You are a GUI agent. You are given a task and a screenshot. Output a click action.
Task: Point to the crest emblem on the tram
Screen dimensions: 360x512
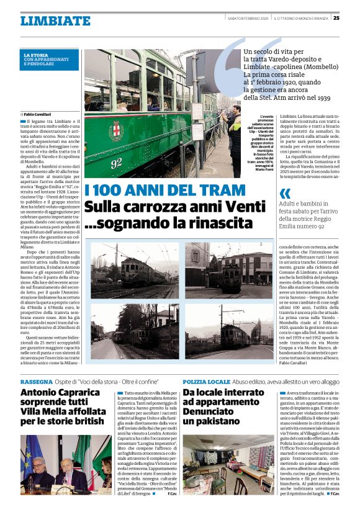click(x=116, y=130)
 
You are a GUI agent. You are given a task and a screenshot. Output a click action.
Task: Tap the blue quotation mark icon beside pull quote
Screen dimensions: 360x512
click(x=286, y=193)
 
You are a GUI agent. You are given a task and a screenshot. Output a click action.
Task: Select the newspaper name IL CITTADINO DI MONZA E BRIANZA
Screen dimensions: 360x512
click(x=300, y=17)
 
